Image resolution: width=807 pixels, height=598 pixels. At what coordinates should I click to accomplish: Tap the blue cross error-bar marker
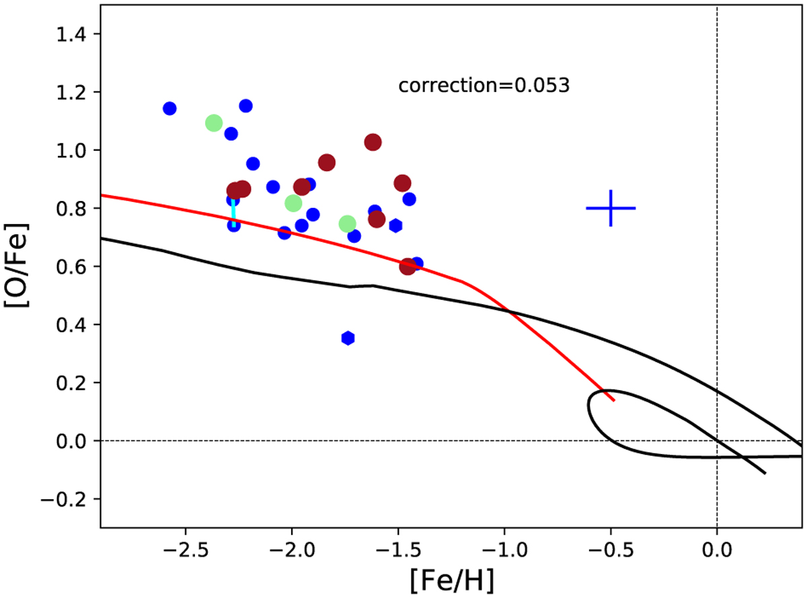(611, 208)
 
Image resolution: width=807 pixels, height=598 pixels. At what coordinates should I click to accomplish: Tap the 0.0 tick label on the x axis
(717, 544)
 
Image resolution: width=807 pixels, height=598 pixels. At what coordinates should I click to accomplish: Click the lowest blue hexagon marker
(348, 338)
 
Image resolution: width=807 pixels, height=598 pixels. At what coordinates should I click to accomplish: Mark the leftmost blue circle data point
(169, 108)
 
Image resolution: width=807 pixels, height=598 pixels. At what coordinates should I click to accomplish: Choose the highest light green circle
(214, 122)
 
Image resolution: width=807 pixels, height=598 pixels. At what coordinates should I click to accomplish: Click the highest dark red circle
(373, 142)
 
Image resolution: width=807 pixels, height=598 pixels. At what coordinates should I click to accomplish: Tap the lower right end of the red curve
(613, 400)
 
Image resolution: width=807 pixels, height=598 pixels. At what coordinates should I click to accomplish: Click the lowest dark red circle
(408, 266)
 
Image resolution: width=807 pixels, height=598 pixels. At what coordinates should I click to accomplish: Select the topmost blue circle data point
(245, 106)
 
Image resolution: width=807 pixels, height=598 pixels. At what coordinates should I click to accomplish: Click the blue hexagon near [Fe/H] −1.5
(395, 225)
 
